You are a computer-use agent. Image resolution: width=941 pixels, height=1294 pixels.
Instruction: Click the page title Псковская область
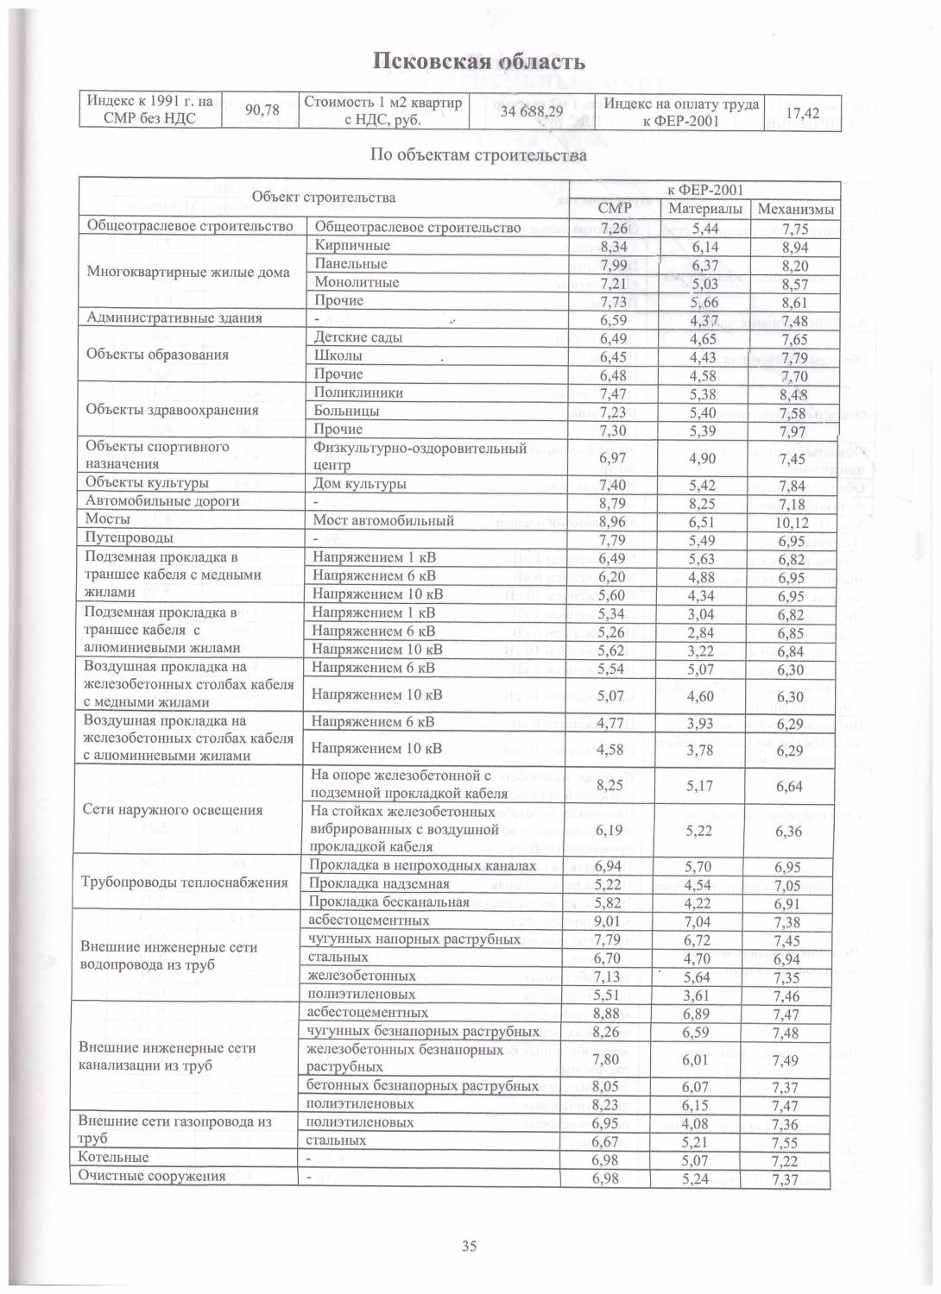[x=479, y=61]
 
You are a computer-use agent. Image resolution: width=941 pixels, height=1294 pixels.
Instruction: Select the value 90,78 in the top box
[x=261, y=111]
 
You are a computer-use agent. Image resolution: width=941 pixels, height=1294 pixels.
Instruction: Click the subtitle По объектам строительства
[x=478, y=156]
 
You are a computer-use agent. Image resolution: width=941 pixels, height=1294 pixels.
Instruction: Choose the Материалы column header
[x=704, y=209]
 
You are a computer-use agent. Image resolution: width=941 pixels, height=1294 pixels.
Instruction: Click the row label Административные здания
[x=174, y=317]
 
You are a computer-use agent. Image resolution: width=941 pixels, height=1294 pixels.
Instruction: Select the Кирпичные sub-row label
[x=352, y=246]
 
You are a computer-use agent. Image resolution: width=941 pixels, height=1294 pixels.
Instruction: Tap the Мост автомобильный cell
[x=382, y=520]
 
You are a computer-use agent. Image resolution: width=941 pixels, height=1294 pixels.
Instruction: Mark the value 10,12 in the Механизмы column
[x=792, y=523]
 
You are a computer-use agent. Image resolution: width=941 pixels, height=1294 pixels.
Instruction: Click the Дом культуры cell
[x=359, y=484]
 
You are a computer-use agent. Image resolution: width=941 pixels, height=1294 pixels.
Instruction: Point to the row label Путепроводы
[x=123, y=538]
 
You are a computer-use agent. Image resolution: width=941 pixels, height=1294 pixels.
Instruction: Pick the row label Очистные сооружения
[x=151, y=1176]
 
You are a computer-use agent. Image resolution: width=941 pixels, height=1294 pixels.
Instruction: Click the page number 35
[x=470, y=1246]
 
